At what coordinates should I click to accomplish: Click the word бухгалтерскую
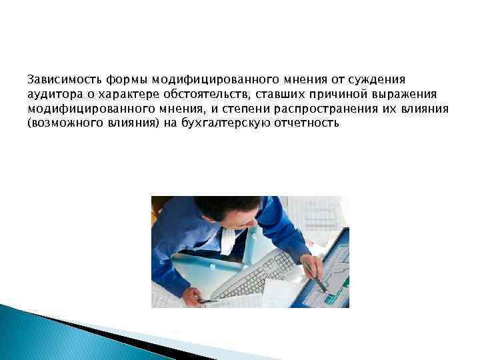point(227,123)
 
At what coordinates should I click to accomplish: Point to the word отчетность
point(306,123)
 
